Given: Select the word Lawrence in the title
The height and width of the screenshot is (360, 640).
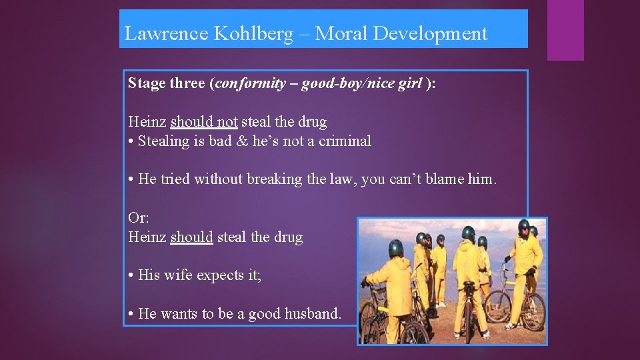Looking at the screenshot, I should click(x=166, y=34).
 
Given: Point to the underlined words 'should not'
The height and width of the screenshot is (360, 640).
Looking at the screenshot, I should click(x=204, y=123).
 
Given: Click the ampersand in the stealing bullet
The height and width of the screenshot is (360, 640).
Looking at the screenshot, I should click(x=241, y=141).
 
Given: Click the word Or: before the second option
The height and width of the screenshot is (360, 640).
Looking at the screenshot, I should click(x=139, y=218).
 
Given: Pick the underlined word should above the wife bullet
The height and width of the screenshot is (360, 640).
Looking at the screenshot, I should click(x=191, y=237).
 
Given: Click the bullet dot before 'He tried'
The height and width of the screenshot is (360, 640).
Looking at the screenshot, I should click(x=131, y=180).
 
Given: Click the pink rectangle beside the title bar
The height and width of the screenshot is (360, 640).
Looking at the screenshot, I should click(x=565, y=30).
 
